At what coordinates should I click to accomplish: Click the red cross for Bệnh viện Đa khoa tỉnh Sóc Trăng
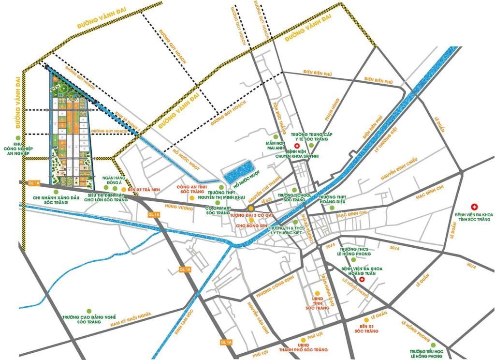tap(474, 206)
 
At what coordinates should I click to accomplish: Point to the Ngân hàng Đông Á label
tap(113, 180)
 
